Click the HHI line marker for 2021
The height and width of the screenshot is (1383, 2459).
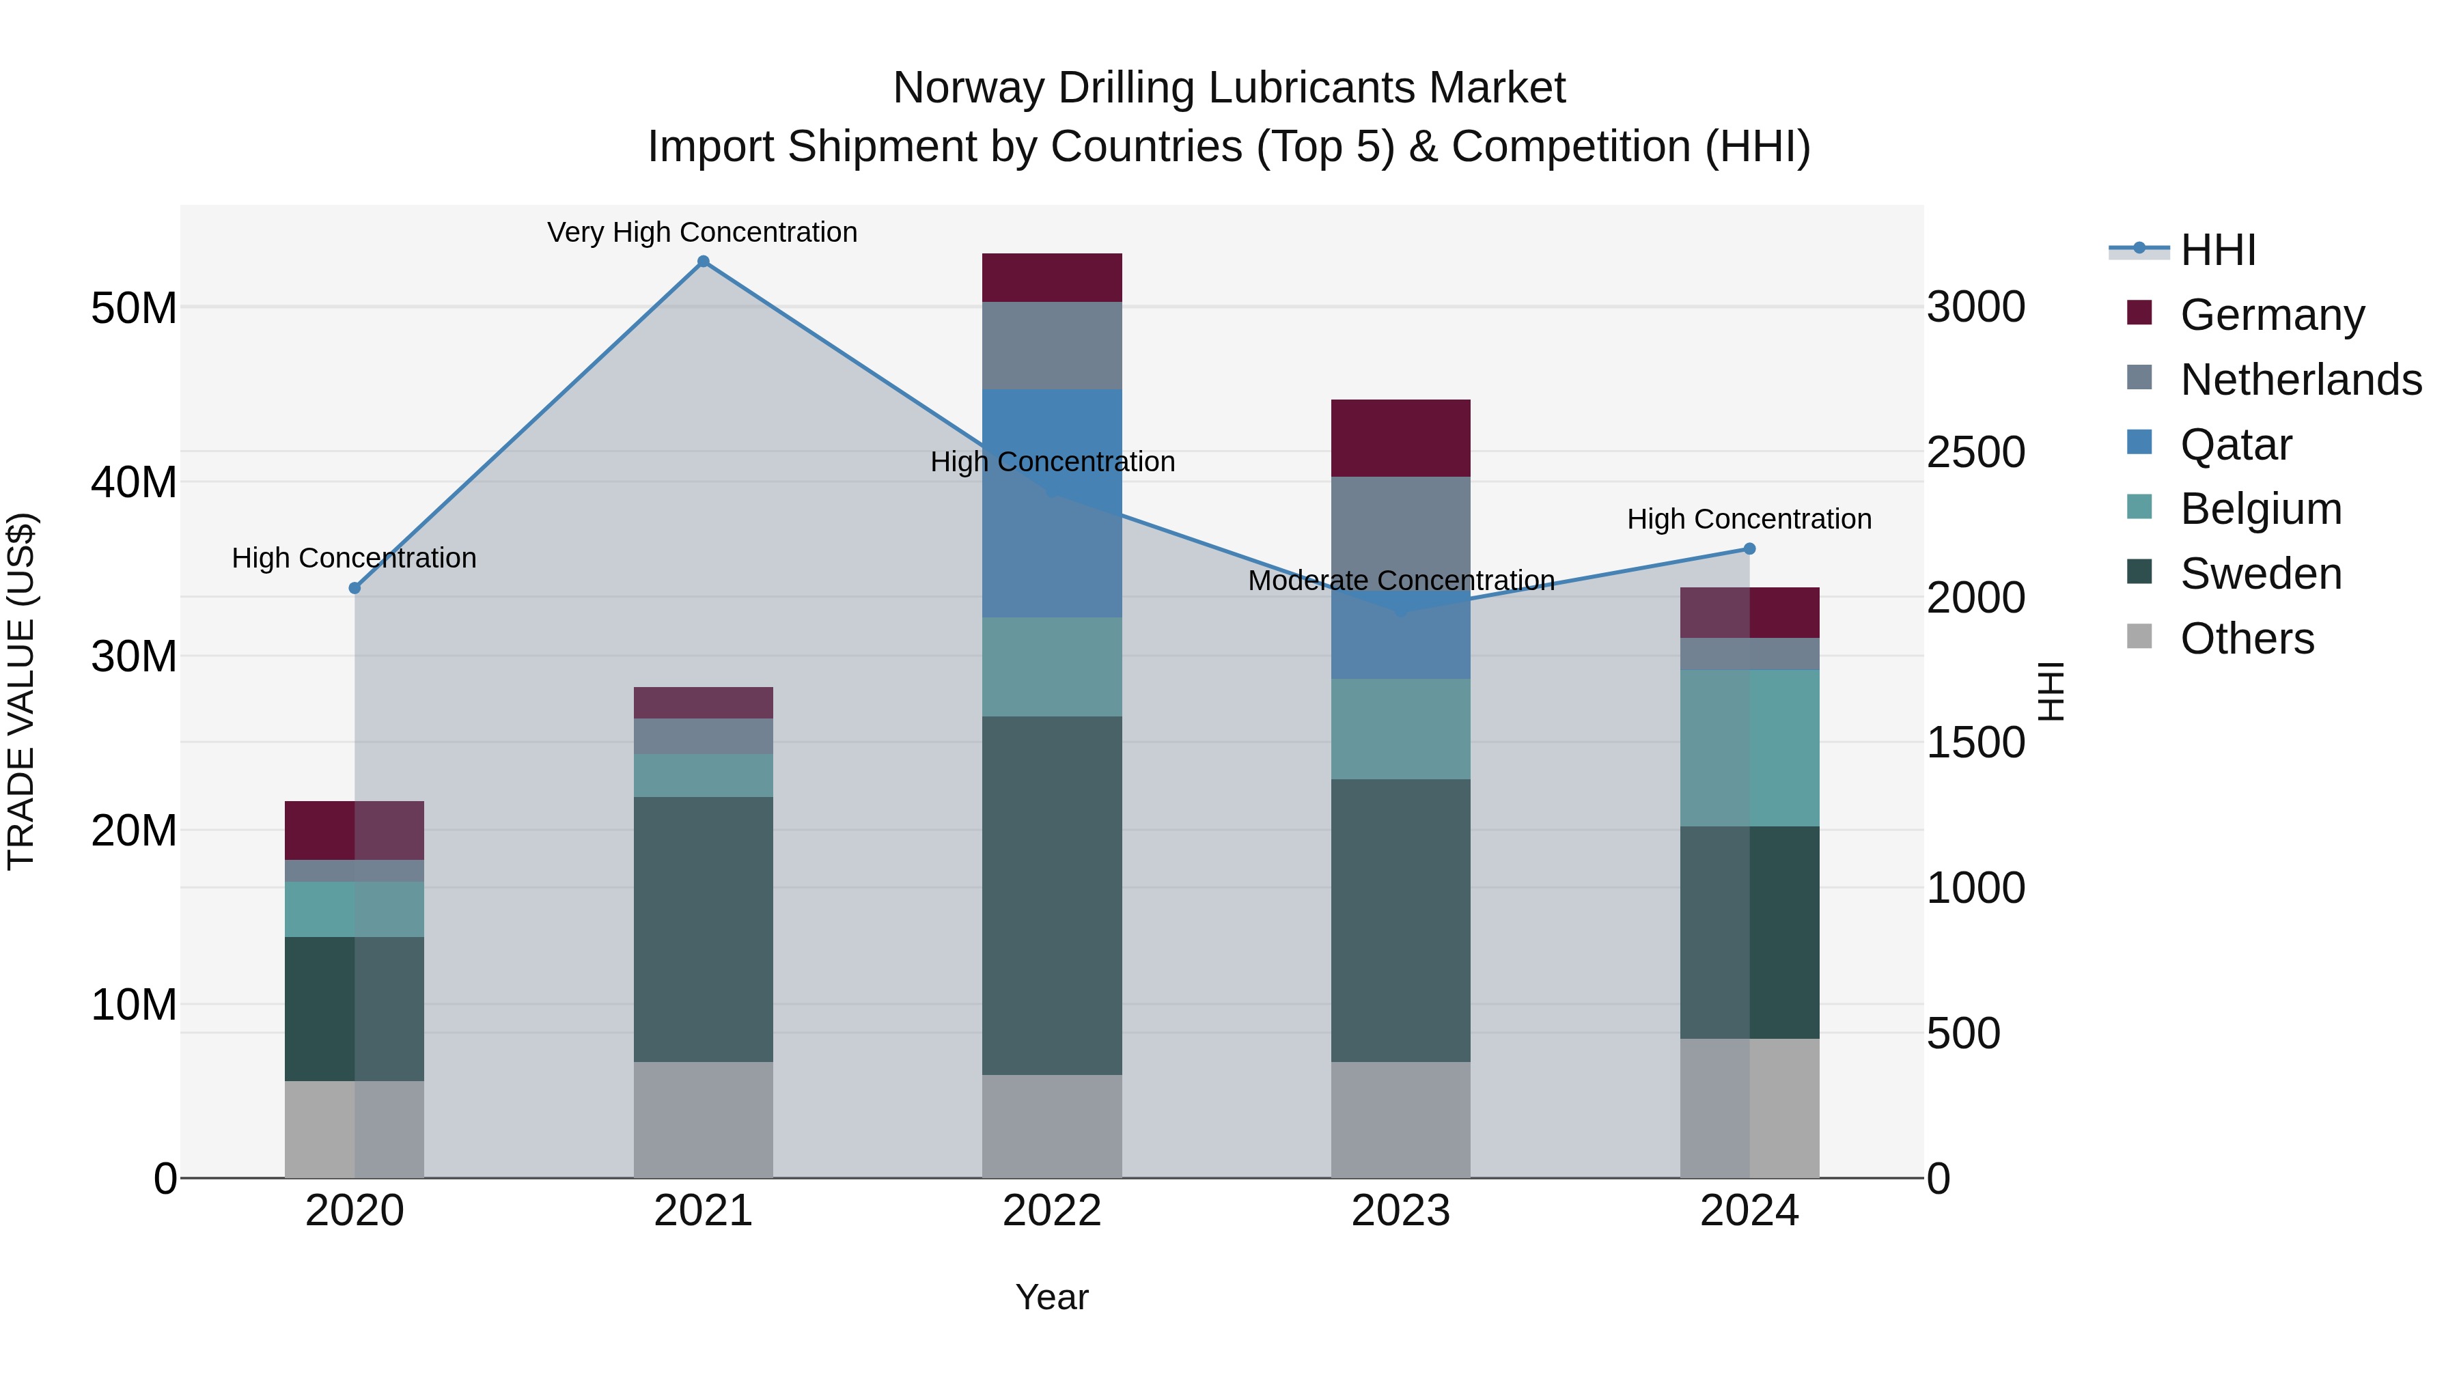coord(704,262)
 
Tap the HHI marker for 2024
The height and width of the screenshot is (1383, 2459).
coord(1750,549)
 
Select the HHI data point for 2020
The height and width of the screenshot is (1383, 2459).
coord(355,588)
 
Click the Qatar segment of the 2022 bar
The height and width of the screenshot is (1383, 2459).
coord(1052,503)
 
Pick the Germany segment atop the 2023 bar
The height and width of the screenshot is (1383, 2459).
coord(1400,438)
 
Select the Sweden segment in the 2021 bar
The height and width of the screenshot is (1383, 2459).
coord(704,929)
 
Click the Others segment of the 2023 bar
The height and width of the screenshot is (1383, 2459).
coord(1400,1119)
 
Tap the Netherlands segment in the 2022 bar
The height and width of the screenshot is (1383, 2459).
coord(1052,346)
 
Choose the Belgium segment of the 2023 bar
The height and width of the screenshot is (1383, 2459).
coord(1400,729)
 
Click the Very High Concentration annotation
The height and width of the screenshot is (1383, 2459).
coord(703,233)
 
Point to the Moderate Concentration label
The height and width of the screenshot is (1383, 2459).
coord(1400,581)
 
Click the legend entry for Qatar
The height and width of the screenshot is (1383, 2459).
coord(2235,445)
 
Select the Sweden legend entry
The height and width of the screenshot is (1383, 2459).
coord(2260,574)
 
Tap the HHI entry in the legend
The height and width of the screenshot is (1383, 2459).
coord(2217,250)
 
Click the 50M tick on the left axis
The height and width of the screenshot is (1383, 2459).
coord(134,308)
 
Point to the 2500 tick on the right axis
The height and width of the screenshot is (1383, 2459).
coord(1975,452)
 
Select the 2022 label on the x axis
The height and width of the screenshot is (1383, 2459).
coord(1052,1211)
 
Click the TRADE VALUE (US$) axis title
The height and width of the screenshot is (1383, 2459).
coord(21,691)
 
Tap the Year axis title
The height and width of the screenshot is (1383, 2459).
coord(1052,1297)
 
